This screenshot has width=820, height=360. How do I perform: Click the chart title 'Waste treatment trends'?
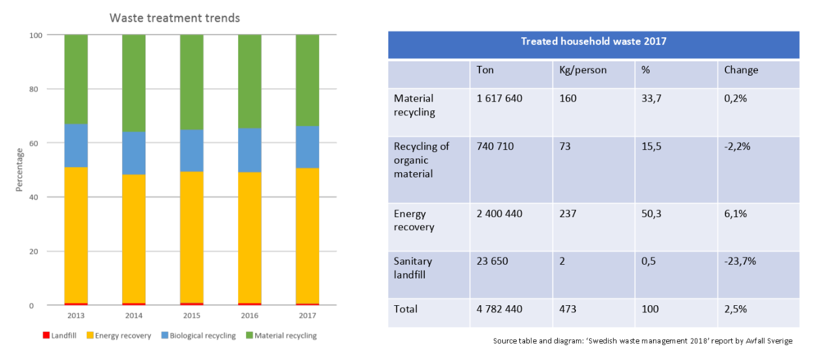pos(174,18)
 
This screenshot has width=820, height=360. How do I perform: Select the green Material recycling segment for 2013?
pos(76,79)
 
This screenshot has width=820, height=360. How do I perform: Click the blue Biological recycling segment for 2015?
pos(192,150)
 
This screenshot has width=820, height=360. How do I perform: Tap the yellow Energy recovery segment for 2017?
pos(307,235)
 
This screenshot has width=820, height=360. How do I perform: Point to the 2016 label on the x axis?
pos(249,316)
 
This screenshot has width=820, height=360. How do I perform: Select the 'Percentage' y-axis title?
pos(20,170)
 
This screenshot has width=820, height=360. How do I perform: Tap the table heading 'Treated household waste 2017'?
pos(593,41)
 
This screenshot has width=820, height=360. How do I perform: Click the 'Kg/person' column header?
pos(583,70)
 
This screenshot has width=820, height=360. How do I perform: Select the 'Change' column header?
pos(741,70)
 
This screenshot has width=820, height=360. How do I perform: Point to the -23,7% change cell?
pos(740,261)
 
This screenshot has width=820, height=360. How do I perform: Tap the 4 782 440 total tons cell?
pos(500,308)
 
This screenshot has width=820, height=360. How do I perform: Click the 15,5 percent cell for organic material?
pos(651,147)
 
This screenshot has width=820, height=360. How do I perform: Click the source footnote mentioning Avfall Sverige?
pos(643,341)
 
